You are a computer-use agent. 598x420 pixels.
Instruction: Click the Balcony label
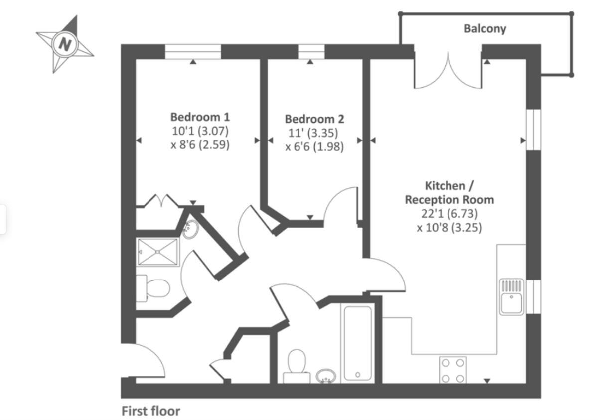(484, 28)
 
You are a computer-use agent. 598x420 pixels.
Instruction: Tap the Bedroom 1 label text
(200, 117)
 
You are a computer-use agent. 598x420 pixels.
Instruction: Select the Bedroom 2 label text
(314, 119)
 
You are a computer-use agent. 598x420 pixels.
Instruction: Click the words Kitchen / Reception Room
(449, 193)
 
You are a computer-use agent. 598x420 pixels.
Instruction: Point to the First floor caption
(150, 411)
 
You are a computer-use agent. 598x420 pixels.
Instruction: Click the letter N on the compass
(65, 44)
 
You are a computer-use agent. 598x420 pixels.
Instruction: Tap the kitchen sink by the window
(511, 297)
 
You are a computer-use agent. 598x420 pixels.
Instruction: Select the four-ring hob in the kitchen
(453, 370)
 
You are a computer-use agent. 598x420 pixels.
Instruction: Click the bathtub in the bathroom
(358, 343)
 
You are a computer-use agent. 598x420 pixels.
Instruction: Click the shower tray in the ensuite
(158, 252)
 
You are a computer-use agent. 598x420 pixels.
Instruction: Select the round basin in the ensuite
(190, 230)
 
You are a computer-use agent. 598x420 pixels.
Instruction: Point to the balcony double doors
(448, 70)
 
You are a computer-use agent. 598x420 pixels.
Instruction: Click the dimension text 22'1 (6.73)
(449, 214)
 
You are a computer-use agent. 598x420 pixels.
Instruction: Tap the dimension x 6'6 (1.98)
(314, 147)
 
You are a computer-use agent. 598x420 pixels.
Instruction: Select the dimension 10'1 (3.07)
(200, 132)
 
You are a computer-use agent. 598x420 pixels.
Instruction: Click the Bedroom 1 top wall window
(193, 51)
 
